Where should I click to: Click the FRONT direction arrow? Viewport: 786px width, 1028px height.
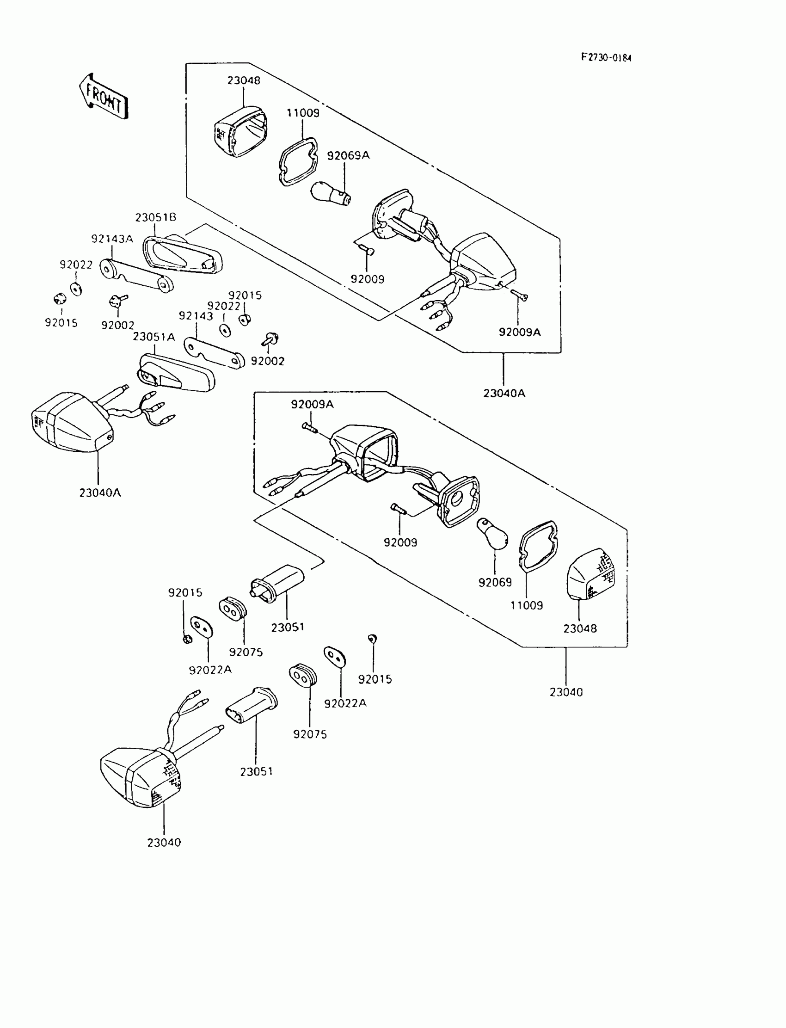tap(104, 96)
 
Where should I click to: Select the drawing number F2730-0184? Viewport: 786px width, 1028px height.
tap(606, 57)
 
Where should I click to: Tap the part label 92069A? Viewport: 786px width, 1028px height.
tap(348, 155)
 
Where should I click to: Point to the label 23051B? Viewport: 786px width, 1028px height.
tap(156, 218)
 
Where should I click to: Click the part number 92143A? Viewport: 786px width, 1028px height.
tap(112, 239)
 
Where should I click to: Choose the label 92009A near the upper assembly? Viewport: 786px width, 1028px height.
tap(519, 332)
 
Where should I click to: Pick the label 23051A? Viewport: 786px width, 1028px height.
tap(154, 337)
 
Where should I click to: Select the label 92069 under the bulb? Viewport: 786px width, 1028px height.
tap(495, 583)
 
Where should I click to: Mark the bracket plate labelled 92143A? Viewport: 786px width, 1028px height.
tap(135, 277)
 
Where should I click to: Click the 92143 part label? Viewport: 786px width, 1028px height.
tap(196, 316)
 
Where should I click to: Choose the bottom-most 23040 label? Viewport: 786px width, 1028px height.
tap(164, 842)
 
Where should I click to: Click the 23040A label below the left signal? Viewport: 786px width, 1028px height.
tap(100, 492)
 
